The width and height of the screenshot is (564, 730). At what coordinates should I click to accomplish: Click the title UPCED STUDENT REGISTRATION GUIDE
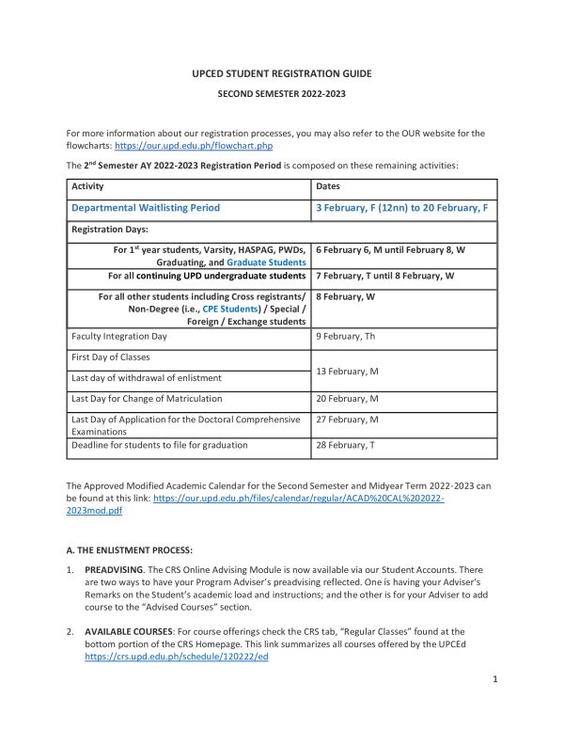pyautogui.click(x=282, y=73)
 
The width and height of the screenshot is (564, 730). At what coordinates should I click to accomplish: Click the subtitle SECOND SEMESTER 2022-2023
pyautogui.click(x=282, y=95)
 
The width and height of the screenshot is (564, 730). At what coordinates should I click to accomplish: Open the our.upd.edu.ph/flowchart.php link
pyautogui.click(x=194, y=147)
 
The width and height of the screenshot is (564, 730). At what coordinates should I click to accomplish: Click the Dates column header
pyautogui.click(x=329, y=187)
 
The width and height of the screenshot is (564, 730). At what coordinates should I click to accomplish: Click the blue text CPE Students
pyautogui.click(x=221, y=307)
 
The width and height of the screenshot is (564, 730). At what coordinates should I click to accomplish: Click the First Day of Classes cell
pyautogui.click(x=110, y=357)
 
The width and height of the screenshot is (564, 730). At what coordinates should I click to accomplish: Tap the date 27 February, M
pyautogui.click(x=348, y=421)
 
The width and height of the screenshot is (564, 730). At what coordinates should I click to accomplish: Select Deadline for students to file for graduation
pyautogui.click(x=160, y=445)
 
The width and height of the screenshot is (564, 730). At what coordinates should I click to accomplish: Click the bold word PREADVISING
pyautogui.click(x=114, y=570)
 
